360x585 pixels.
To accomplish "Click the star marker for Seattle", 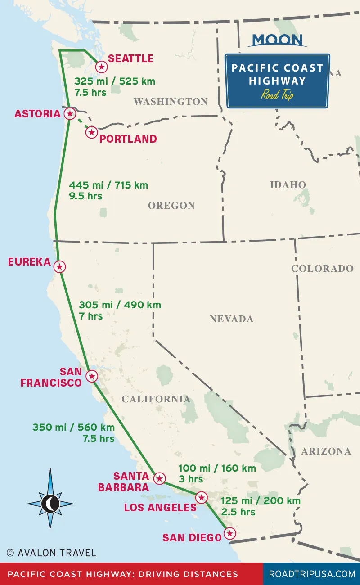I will click(102, 67).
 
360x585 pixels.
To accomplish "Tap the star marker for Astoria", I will click(70, 113).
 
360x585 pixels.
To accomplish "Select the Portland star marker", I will click(92, 132).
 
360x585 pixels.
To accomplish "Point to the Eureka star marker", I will click(59, 267).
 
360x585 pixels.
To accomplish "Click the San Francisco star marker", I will click(92, 376).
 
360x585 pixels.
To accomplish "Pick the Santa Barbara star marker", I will click(159, 478).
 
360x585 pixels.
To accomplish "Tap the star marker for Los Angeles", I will click(202, 497).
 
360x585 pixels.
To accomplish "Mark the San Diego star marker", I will click(229, 534).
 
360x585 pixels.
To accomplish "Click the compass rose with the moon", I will click(50, 503).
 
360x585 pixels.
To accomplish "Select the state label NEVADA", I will click(231, 319).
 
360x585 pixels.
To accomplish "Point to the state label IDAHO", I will click(288, 184).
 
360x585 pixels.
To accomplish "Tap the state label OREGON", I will click(171, 206).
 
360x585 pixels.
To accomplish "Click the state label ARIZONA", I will click(326, 451).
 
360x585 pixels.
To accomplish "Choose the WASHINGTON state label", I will click(171, 102).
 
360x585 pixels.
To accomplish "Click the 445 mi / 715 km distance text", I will click(108, 185).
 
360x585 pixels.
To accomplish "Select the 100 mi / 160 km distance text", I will click(217, 468).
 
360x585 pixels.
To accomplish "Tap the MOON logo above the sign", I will click(277, 40).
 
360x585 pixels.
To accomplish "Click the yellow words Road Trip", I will click(277, 95).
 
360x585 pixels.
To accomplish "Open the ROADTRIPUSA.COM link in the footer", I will click(312, 574).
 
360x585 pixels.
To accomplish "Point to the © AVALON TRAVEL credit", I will click(51, 552).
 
